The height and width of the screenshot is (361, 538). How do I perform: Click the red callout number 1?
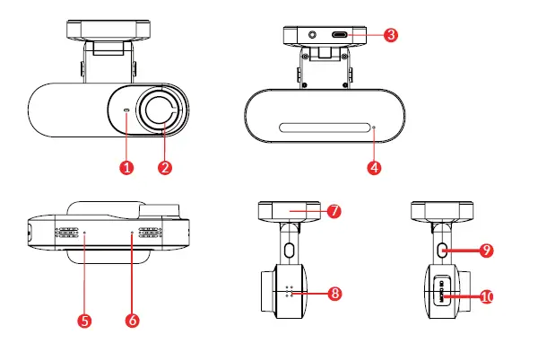(x=126, y=168)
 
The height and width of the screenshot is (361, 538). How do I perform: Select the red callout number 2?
(x=164, y=168)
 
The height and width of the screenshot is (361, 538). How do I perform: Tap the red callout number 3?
(x=389, y=35)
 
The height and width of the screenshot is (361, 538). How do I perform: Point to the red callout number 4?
(x=374, y=167)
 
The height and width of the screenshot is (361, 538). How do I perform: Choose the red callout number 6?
(x=133, y=319)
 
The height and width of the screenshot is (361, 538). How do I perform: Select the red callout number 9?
(x=485, y=251)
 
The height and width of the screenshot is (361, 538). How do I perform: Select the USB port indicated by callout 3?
(x=342, y=36)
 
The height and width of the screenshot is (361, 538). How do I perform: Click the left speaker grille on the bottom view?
(x=65, y=232)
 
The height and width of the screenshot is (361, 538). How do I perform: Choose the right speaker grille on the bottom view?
(x=154, y=232)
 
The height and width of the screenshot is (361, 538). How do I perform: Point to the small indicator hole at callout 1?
(x=126, y=112)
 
